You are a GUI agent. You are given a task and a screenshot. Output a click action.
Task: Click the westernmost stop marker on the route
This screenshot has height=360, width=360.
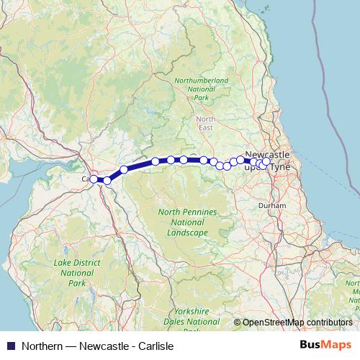pos(94,179)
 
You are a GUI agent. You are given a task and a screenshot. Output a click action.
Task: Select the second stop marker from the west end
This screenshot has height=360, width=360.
pos(107,180)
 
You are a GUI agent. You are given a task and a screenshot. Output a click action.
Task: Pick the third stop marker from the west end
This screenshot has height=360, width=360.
pos(124,170)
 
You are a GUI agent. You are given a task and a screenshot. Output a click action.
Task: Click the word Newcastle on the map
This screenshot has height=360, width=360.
pos(267,155)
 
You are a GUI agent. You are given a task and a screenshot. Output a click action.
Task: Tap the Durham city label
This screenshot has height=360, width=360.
pos(271,205)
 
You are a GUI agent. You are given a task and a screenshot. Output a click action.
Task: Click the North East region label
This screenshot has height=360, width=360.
pos(206,123)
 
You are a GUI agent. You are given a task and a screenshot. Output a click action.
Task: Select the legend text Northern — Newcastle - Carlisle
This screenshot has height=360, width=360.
pos(97,346)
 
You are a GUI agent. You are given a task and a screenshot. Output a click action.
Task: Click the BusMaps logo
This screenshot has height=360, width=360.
pos(326,345)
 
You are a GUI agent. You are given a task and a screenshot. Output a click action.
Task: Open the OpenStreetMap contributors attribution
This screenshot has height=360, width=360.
pos(297,323)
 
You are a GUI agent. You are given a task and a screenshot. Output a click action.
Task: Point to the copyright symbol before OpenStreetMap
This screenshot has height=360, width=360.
pos(237,323)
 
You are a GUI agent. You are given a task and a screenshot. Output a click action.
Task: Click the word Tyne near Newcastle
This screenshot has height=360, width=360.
pos(279,166)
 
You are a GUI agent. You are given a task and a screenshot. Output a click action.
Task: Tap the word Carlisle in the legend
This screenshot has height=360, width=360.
pos(156,346)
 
